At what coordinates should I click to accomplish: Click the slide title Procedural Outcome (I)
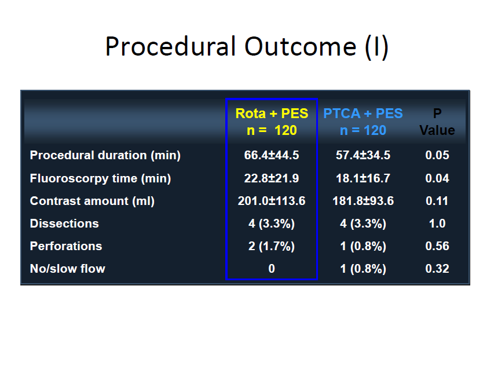pos(247,47)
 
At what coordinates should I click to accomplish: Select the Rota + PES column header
pos(272,122)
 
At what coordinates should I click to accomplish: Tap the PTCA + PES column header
pos(363,122)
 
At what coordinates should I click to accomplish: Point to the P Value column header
pos(437,122)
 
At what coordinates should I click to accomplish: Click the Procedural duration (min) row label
pos(105,155)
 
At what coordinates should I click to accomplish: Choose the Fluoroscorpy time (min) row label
pos(101,178)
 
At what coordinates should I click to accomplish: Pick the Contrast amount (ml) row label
pos(92,201)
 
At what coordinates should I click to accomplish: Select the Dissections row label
pos(64,224)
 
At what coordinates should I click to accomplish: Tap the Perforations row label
pos(66,246)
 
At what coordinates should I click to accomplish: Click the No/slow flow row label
pos(67,269)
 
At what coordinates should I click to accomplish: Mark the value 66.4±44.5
pos(272,155)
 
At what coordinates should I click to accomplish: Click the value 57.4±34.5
pos(363,155)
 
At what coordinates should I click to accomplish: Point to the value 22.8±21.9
pos(272,178)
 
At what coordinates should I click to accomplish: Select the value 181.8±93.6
pos(363,201)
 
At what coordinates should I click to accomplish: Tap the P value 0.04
pos(437,178)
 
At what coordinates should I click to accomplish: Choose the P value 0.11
pos(437,201)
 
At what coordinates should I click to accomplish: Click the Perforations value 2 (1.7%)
pos(272,246)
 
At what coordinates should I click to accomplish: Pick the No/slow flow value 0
pos(272,269)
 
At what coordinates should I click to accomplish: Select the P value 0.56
pos(437,246)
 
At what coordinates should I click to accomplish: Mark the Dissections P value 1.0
pos(437,224)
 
